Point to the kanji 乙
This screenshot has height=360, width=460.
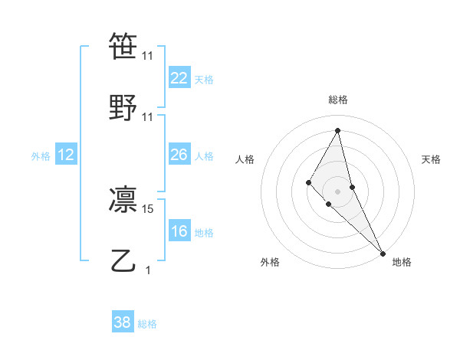click(x=123, y=260)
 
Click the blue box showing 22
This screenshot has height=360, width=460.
click(x=179, y=78)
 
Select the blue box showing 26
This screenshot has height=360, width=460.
click(x=179, y=155)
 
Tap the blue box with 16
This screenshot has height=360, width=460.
click(x=179, y=231)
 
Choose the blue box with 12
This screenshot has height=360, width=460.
click(x=66, y=155)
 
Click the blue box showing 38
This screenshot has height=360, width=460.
click(x=123, y=322)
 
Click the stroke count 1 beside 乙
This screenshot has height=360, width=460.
click(x=148, y=270)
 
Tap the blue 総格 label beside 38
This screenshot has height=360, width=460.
click(x=147, y=324)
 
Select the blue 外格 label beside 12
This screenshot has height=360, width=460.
click(x=41, y=156)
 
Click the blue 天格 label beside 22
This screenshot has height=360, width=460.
click(x=204, y=80)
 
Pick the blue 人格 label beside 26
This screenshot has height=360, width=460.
click(x=204, y=156)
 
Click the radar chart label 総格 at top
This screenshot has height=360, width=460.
click(x=338, y=100)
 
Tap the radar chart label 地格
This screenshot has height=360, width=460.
click(x=402, y=262)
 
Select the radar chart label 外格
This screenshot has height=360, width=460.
click(x=270, y=262)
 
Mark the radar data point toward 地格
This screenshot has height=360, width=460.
click(x=383, y=253)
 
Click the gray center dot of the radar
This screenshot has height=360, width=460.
click(x=338, y=191)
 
